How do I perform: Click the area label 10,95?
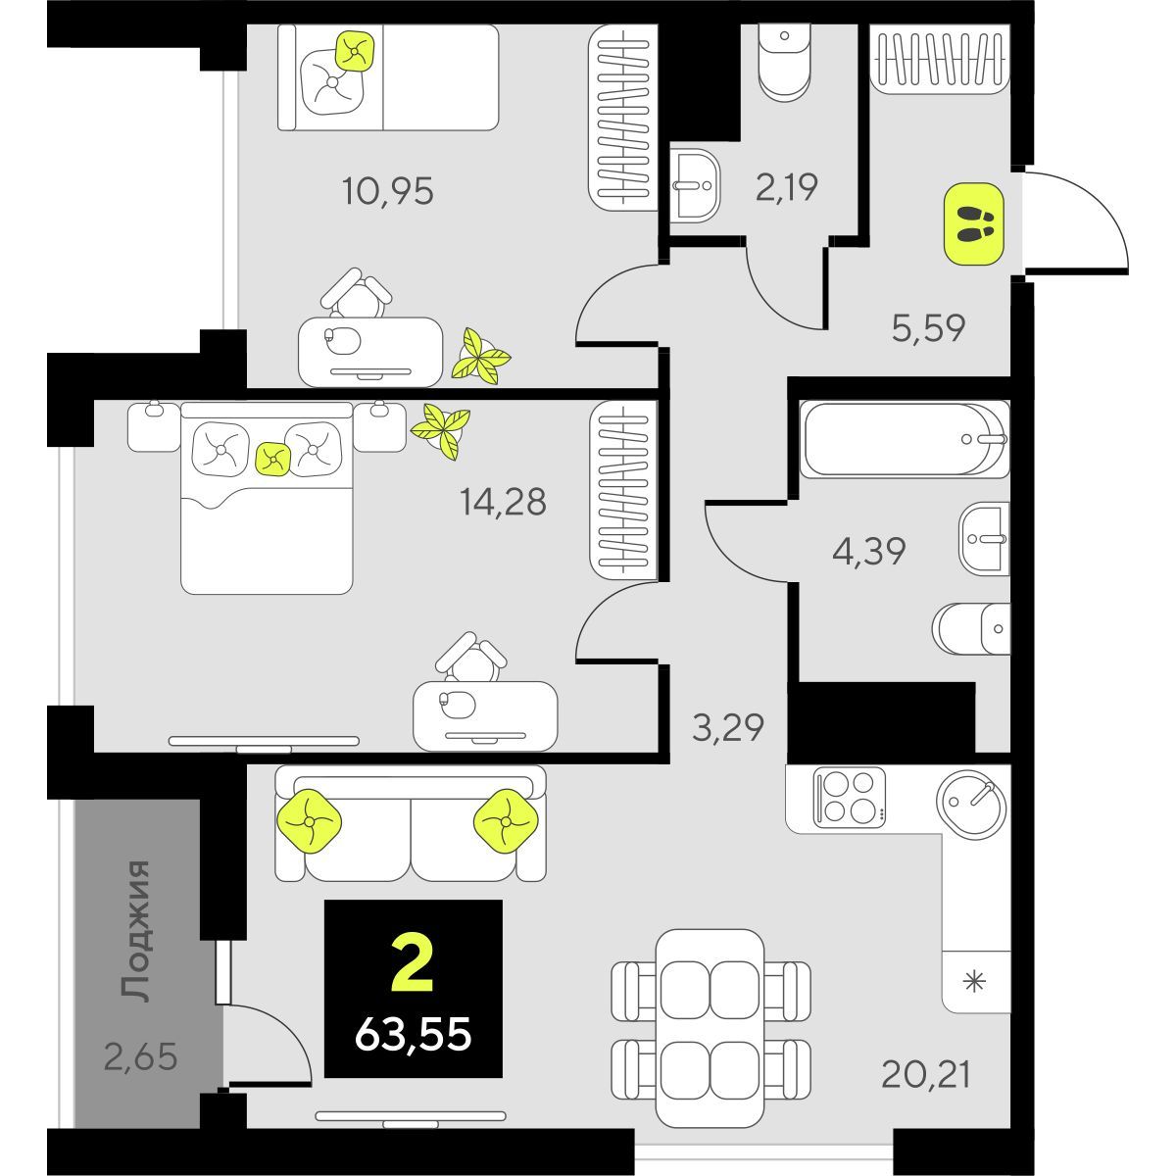pos(387,191)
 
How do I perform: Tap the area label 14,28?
pos(503,502)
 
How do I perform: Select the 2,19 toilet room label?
pos(786,186)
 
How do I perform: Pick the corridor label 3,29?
pos(727,728)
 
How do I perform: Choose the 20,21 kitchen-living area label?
pos(925,1075)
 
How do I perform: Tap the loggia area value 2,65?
pos(140,1057)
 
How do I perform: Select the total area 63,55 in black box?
pos(414,1032)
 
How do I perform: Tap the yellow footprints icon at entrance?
pos(973,224)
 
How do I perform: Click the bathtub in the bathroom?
pos(903,440)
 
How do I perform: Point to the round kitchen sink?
pos(971,801)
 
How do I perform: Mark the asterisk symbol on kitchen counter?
pos(974,982)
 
